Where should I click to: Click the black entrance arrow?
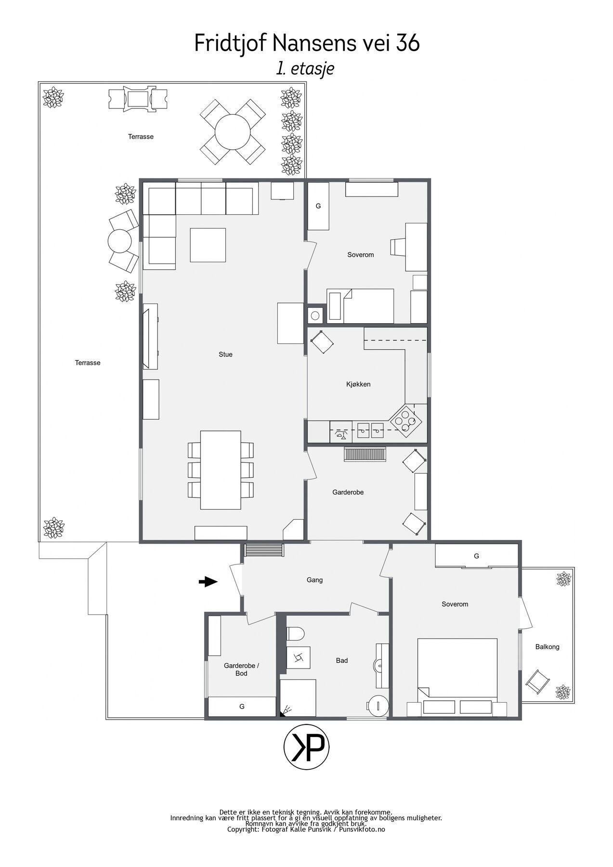click(x=208, y=582)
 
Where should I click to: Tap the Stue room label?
click(x=225, y=355)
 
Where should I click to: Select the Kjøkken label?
click(x=358, y=384)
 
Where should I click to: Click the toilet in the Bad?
click(x=295, y=634)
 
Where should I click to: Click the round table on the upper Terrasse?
click(x=233, y=131)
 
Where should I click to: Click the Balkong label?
click(x=547, y=647)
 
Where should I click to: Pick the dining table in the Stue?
click(x=221, y=470)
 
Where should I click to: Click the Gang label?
click(x=314, y=580)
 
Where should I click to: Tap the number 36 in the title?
click(x=408, y=43)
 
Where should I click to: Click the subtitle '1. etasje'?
click(x=305, y=68)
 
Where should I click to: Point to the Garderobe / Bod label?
click(x=241, y=670)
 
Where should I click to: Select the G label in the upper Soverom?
click(x=318, y=206)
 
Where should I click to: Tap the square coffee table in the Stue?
click(x=208, y=245)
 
